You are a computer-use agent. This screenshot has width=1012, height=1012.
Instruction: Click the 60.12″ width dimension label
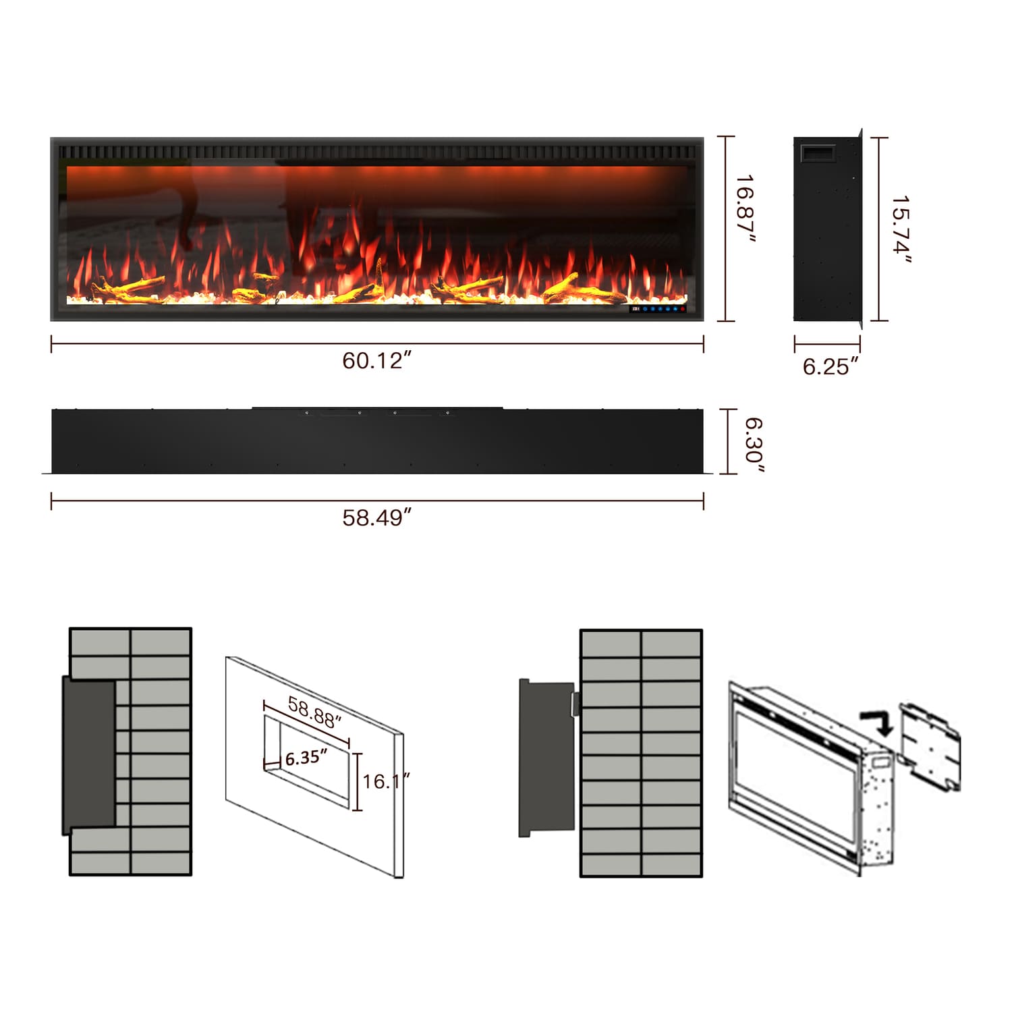(376, 360)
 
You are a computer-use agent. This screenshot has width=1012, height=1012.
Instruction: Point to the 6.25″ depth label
(831, 366)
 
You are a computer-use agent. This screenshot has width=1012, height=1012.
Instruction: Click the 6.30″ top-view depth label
(754, 445)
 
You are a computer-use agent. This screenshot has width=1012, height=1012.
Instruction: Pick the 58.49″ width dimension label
(376, 517)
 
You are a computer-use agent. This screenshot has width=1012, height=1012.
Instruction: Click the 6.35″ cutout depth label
(306, 757)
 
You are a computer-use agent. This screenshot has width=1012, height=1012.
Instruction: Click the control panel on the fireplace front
(658, 309)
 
